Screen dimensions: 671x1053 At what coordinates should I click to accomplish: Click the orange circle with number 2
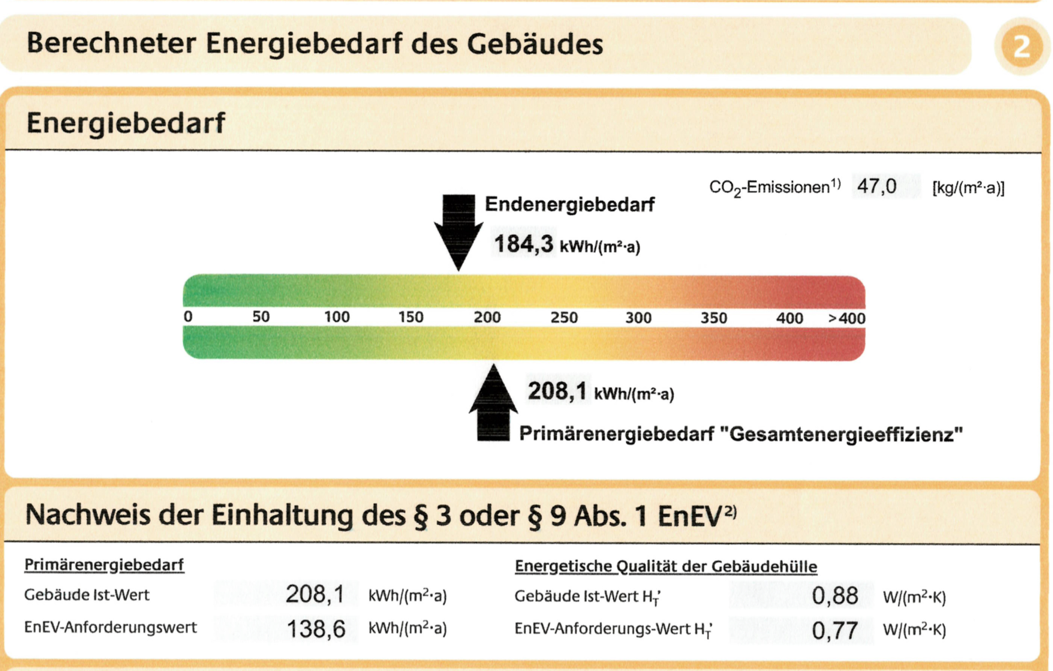coord(1021,46)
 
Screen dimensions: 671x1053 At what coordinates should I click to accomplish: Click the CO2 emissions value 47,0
coord(876,187)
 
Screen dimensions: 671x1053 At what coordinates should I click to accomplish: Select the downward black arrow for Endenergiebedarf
coord(458,231)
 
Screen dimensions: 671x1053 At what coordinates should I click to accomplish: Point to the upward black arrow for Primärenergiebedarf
coord(493,404)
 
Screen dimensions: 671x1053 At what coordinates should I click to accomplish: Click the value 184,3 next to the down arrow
coord(523,244)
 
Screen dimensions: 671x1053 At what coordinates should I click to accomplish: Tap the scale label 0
coord(188,316)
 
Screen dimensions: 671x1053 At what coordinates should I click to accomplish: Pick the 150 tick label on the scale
coord(411,317)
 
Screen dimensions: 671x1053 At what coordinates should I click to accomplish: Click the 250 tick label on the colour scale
coord(564,317)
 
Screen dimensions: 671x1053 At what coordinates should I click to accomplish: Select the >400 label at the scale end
coord(846,318)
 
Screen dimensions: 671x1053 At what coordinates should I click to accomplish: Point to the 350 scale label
coord(714,318)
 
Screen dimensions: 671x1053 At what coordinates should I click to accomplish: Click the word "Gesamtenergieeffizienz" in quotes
coord(841,434)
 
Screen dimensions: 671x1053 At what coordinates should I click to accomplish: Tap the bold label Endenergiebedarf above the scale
coord(570,205)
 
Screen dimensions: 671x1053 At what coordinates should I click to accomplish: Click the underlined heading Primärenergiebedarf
coord(104,565)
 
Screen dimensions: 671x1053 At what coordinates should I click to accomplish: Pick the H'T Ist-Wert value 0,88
coord(835,596)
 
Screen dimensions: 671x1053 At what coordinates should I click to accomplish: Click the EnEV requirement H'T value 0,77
coord(835,630)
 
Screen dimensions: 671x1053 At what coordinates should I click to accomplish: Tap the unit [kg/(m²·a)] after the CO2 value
coord(968,188)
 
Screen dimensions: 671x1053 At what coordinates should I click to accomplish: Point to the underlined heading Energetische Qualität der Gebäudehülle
coord(666,567)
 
